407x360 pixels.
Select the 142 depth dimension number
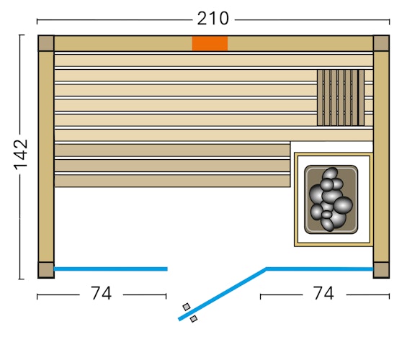pos(20,154)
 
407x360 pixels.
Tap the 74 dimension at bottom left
pos(101,294)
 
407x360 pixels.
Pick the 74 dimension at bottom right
pos(323,294)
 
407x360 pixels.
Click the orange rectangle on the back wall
pos(210,43)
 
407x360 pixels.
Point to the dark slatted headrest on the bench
pos(340,97)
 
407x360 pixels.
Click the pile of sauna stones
pos(331,199)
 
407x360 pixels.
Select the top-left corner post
pos(46,43)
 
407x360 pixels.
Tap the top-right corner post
pos(381,43)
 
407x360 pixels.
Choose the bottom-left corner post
pos(46,270)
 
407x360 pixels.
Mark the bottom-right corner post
pos(381,270)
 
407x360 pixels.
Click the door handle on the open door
pos(190,312)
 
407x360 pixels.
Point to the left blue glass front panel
pos(110,269)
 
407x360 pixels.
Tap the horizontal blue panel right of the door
pos(319,269)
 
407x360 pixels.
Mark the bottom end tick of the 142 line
pos(21,278)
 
